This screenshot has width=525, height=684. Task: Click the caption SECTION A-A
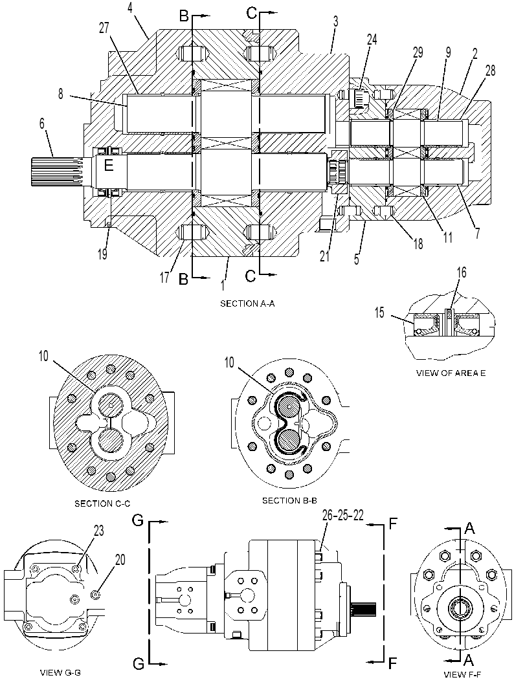(x=247, y=303)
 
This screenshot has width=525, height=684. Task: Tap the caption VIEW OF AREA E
(x=451, y=373)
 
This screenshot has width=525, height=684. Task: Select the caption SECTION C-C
(x=102, y=504)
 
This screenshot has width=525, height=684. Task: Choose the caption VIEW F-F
(x=461, y=674)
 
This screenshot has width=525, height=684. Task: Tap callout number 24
(x=372, y=39)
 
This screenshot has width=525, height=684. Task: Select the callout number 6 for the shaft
(x=42, y=124)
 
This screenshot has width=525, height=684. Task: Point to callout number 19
(x=102, y=254)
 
